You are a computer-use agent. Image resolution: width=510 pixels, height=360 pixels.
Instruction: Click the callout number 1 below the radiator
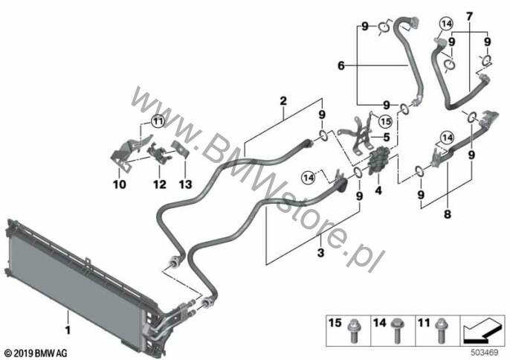point(68,330)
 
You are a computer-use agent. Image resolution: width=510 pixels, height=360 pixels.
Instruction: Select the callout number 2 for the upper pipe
point(283,101)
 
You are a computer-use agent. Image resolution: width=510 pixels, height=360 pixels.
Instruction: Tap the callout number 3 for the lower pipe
point(320,252)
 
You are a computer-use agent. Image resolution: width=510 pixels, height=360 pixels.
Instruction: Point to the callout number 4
point(378,190)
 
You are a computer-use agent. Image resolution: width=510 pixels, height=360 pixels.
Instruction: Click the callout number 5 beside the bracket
point(387,137)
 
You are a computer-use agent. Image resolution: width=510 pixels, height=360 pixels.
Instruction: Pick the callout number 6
point(340,65)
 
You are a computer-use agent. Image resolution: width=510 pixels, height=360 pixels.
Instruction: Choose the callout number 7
point(469,16)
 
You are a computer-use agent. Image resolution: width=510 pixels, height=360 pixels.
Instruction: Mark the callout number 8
point(448,214)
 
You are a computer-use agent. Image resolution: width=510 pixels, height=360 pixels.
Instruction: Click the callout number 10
point(120,184)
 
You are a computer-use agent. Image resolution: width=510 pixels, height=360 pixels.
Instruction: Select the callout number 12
point(160,184)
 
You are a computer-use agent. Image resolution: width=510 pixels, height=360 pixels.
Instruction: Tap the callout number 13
point(185,184)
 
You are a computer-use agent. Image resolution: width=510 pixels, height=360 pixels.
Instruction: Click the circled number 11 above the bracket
point(158,122)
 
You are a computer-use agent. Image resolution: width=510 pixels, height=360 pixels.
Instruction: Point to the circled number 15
point(385,122)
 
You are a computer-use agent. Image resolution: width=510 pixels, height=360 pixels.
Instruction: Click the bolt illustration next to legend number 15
point(354,332)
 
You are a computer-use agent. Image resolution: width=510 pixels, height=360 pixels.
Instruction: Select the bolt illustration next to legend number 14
point(398,331)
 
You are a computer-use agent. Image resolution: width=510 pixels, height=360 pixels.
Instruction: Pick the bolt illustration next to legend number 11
point(441,331)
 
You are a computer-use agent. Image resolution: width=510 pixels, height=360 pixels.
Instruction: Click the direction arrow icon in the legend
point(482,331)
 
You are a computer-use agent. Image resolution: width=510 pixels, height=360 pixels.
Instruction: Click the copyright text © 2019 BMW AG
point(36,353)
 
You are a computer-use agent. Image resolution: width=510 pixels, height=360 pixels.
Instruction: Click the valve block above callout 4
point(378,161)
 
